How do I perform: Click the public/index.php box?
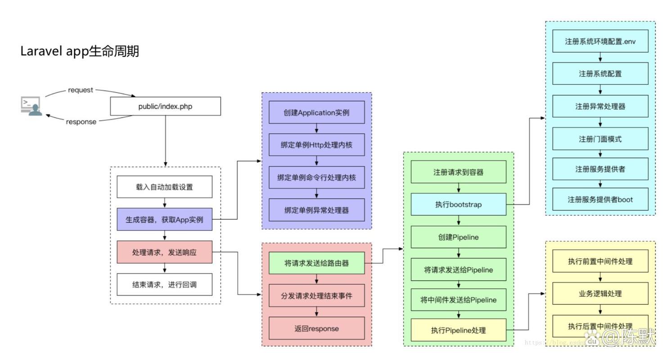coord(166,106)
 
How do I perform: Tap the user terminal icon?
coord(32,106)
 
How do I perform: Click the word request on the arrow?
coord(81,90)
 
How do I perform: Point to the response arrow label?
coord(81,121)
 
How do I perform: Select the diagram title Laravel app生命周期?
coord(80,51)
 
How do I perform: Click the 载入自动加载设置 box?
coord(164,187)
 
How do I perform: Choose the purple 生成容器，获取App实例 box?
coord(164,220)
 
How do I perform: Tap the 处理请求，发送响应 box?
coord(164,252)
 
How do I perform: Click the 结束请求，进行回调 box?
coord(164,284)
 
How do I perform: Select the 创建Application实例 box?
coord(316,112)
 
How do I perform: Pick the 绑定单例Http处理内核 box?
coord(316,145)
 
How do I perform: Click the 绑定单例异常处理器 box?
coord(316,210)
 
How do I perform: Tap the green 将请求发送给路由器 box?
coord(316,263)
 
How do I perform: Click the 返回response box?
coord(316,328)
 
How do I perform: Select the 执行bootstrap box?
coord(458,204)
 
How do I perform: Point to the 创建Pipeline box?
coord(458,237)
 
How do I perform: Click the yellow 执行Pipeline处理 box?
coord(458,330)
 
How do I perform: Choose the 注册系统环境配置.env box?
coord(600,41)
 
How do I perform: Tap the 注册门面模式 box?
coord(600,139)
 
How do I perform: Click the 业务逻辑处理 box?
coord(600,293)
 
